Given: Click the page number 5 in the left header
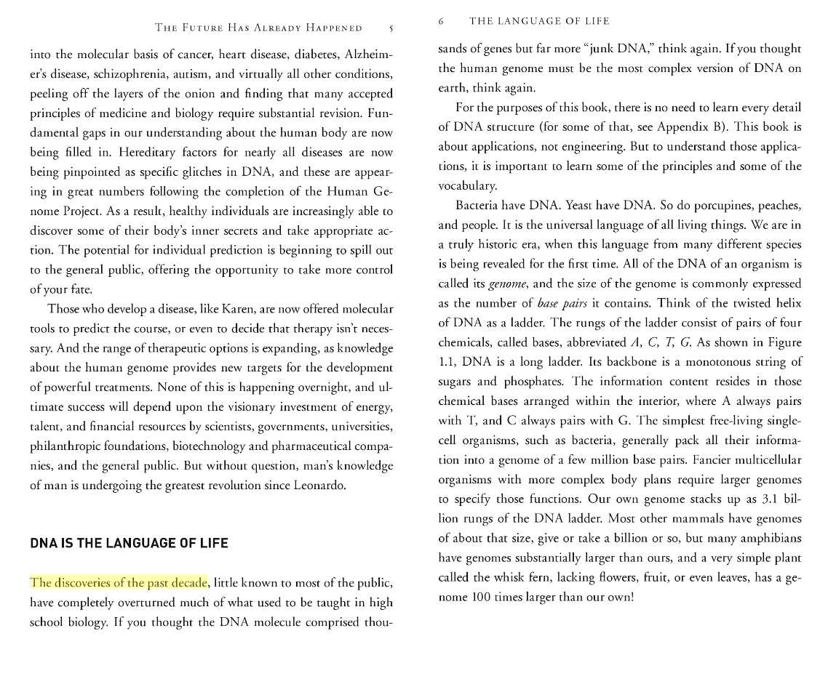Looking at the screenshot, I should pyautogui.click(x=391, y=28).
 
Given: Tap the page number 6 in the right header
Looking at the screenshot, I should pyautogui.click(x=441, y=21).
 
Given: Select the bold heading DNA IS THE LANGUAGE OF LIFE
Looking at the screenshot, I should pyautogui.click(x=129, y=543).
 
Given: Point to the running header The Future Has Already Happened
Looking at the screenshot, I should pyautogui.click(x=258, y=28).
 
